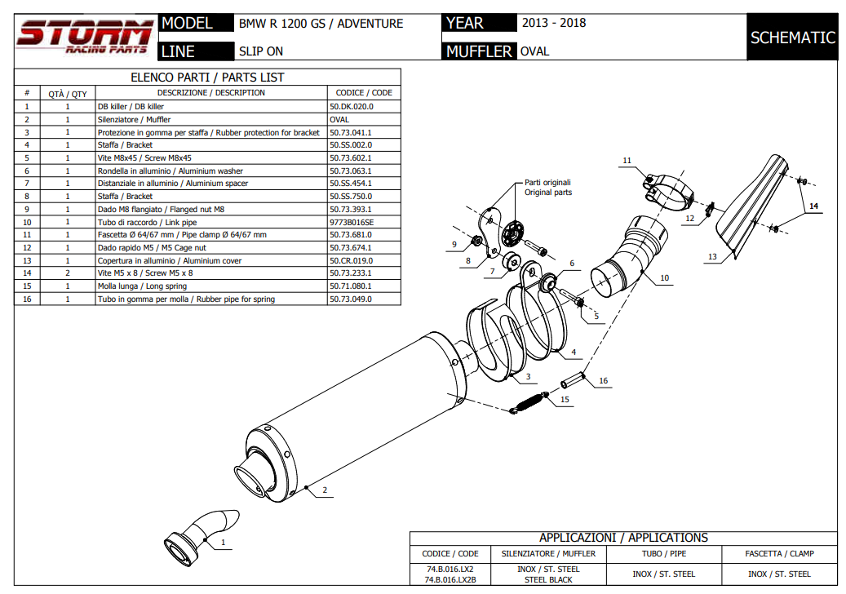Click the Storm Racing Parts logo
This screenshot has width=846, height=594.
84,38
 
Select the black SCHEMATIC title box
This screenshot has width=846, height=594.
792,38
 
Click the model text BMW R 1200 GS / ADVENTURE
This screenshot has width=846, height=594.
321,24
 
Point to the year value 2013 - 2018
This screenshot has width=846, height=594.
554,23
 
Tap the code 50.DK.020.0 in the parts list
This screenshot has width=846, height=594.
352,106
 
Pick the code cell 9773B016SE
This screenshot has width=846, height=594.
352,222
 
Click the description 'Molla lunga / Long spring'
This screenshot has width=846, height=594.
142,286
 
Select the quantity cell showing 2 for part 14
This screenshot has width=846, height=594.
68,273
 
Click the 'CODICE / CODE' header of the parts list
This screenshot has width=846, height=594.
364,93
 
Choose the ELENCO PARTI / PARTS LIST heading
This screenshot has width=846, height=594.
207,78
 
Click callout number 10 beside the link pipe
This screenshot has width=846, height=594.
664,278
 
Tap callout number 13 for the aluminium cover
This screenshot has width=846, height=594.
712,256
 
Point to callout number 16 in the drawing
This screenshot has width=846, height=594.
603,380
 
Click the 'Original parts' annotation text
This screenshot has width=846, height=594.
548,193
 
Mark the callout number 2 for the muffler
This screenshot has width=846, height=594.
324,490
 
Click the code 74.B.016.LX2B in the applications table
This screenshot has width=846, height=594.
450,579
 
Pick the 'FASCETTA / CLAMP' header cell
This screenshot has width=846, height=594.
779,553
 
